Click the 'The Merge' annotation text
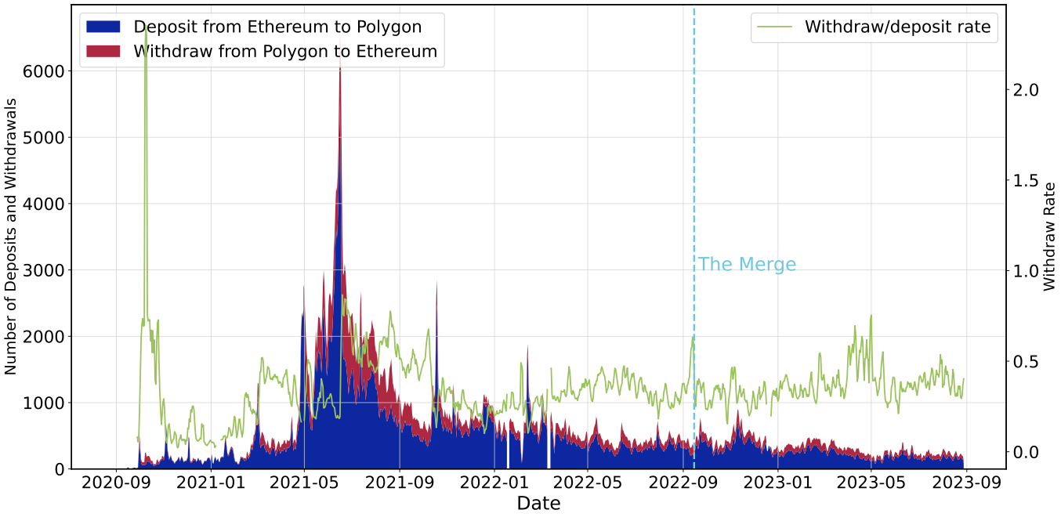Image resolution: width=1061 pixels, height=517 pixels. [747, 265]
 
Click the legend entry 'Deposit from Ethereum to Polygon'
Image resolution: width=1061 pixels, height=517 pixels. [277, 27]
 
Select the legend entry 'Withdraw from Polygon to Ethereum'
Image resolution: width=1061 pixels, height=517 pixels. [285, 52]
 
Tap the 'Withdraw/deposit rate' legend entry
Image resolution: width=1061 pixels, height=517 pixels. [897, 27]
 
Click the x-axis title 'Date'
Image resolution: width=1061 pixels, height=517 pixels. [538, 504]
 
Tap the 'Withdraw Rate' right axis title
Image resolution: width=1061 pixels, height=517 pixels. [1050, 237]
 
